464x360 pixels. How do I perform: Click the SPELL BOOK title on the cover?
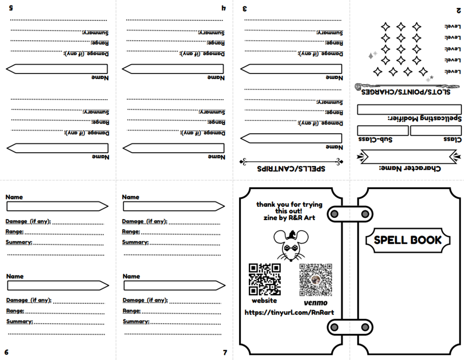408,240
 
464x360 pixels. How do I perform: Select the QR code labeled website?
265,279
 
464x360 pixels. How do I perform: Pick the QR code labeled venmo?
316,280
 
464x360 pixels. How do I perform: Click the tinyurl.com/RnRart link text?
289,312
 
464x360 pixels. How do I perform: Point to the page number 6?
6,352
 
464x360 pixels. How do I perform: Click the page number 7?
225,353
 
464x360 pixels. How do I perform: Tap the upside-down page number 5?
11,8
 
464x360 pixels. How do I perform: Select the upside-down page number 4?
223,8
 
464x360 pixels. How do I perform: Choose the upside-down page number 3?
245,8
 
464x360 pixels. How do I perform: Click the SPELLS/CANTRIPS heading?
291,168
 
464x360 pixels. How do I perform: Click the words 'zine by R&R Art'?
289,217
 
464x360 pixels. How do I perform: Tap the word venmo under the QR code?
315,303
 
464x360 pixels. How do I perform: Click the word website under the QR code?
264,300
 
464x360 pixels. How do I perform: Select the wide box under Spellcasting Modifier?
409,109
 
